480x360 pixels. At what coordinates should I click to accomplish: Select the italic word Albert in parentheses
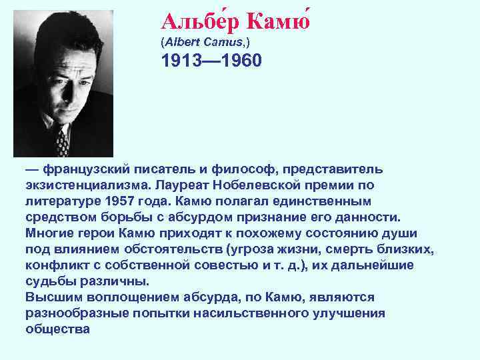click(x=183, y=41)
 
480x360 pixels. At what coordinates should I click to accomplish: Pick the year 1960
click(x=241, y=61)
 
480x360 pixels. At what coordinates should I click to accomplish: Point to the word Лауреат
click(x=179, y=185)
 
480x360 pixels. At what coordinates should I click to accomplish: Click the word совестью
click(x=224, y=265)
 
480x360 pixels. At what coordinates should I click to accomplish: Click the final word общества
click(x=57, y=329)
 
